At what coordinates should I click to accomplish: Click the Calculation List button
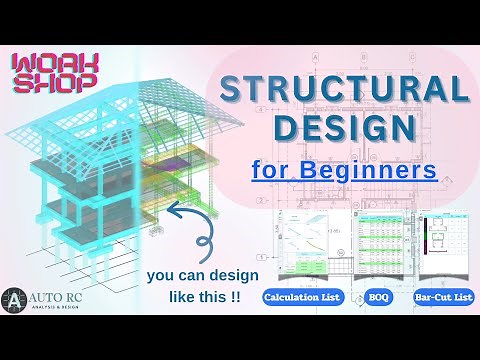pyautogui.click(x=302, y=297)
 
